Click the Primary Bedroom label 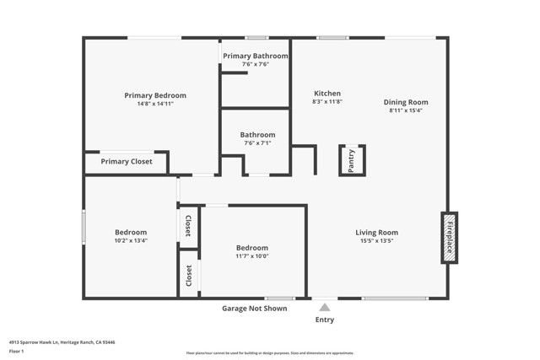coord(155,95)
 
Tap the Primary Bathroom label coord(255,56)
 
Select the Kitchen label coord(327,93)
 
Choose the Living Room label coord(375,233)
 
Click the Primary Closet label coord(127,161)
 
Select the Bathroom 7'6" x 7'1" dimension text coord(256,143)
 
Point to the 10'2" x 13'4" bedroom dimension coord(131,240)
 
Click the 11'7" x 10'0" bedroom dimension coord(252,256)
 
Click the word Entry coord(324,320)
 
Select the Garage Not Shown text coord(254,309)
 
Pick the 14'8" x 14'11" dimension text coord(155,104)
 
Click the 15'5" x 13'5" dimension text coord(375,241)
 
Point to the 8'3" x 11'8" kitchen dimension coord(327,102)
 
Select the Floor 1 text coord(17,351)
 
